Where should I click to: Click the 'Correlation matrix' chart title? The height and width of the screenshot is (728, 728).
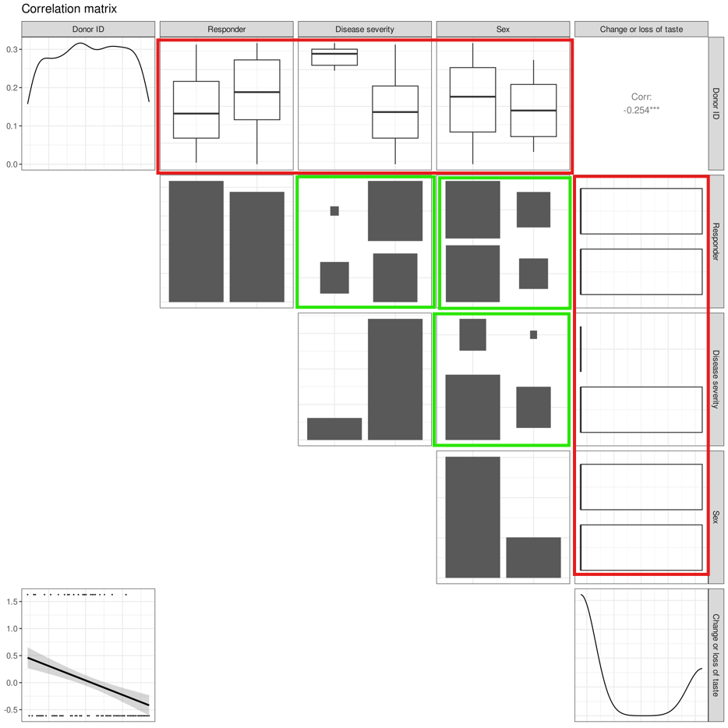tap(69, 9)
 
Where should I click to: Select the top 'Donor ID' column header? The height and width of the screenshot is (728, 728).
tap(88, 30)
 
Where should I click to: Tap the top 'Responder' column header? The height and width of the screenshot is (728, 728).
tap(227, 30)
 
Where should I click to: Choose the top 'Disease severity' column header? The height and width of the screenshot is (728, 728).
tap(365, 30)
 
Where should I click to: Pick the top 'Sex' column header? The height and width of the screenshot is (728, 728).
tap(503, 30)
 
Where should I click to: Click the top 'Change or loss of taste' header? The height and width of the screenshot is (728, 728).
tap(641, 30)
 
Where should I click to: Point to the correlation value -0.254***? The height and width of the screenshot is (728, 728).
tap(641, 110)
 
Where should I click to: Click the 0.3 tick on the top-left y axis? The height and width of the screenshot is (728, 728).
tap(12, 49)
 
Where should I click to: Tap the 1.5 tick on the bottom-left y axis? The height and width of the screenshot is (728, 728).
tap(12, 601)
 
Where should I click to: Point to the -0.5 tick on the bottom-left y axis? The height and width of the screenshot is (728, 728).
tap(11, 709)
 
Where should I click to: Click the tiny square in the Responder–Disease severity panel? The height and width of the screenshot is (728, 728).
tap(334, 210)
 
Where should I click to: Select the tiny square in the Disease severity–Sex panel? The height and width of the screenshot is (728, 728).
tap(533, 334)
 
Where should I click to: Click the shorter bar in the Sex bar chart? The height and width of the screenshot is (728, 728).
tap(533, 557)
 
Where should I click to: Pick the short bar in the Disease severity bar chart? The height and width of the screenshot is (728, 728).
tap(334, 429)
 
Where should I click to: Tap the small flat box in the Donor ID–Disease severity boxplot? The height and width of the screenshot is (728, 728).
tap(334, 57)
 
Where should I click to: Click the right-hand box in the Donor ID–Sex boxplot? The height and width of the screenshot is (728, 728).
tap(533, 111)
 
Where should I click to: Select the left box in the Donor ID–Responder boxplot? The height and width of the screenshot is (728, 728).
tap(196, 110)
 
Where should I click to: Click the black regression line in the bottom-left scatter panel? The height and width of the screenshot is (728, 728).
tap(88, 681)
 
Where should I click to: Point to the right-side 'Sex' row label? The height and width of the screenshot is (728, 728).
tap(716, 517)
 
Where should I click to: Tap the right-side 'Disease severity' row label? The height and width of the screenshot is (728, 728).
tap(716, 380)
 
